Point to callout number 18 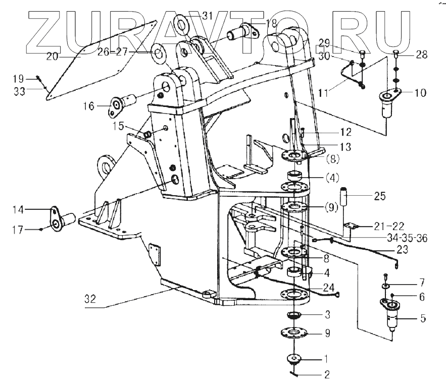pyautogui.click(x=271, y=23)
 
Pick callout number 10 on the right pyautogui.click(x=420, y=93)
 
